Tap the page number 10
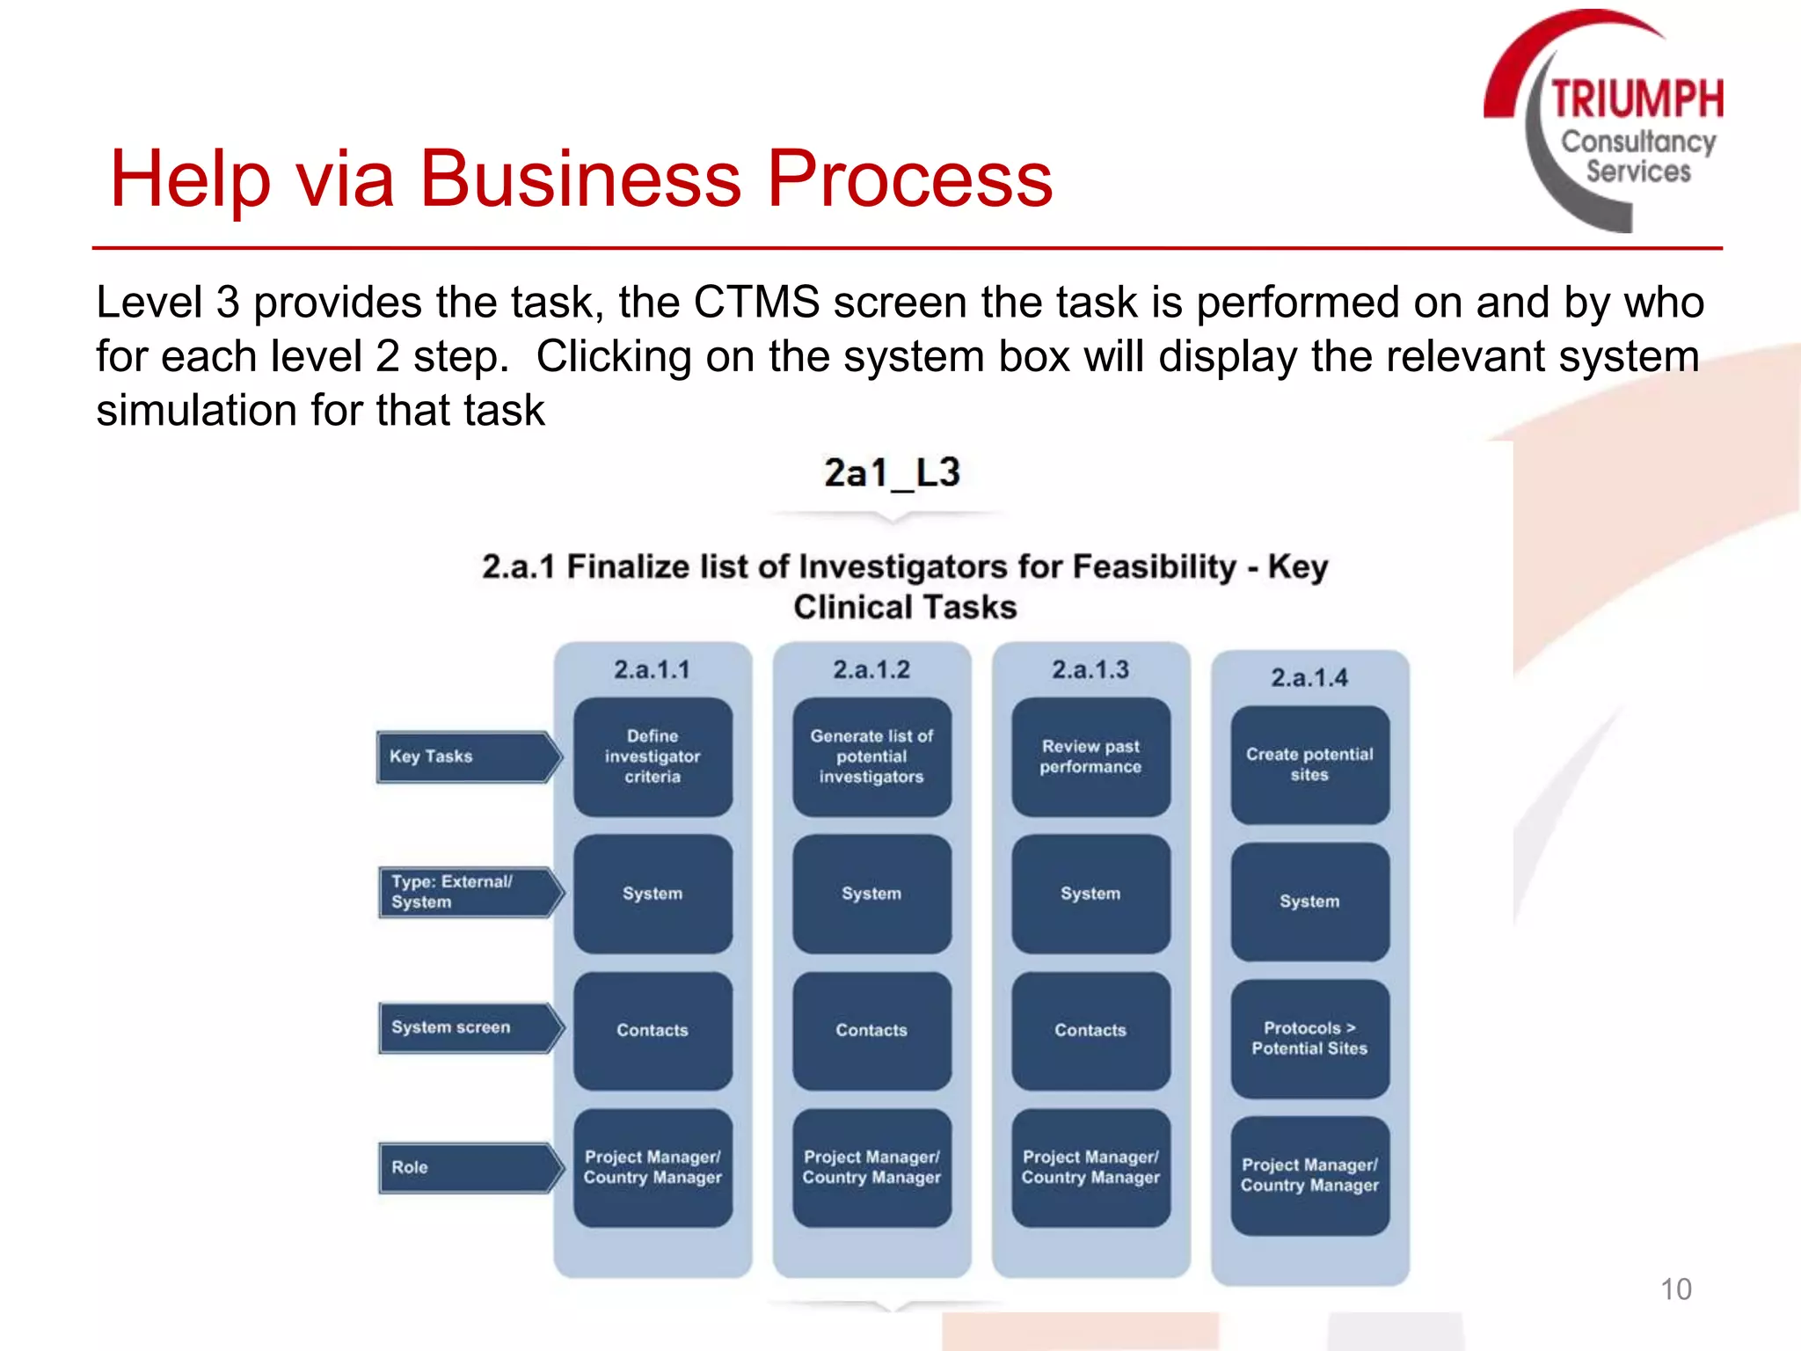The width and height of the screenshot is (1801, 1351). pos(1675,1289)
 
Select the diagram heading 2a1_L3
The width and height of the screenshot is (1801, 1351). pos(892,473)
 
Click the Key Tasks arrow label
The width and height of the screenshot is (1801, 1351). pos(466,756)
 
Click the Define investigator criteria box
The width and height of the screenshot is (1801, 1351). pos(653,756)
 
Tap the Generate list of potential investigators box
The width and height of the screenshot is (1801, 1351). pos(871,756)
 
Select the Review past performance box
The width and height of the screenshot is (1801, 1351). pos(1090,756)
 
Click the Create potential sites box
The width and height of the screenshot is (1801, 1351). pos(1309,764)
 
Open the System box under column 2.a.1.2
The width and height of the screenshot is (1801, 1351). pos(871,894)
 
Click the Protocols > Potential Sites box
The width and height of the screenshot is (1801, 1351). pos(1309,1039)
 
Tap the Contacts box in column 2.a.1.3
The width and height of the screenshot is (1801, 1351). pos(1090,1030)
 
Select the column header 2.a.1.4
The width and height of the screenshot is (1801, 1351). pos(1309,677)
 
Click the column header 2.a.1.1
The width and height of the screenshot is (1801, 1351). pos(653,669)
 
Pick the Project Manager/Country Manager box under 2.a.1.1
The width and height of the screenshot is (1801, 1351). pos(653,1167)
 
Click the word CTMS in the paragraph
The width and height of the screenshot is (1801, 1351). pos(756,303)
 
